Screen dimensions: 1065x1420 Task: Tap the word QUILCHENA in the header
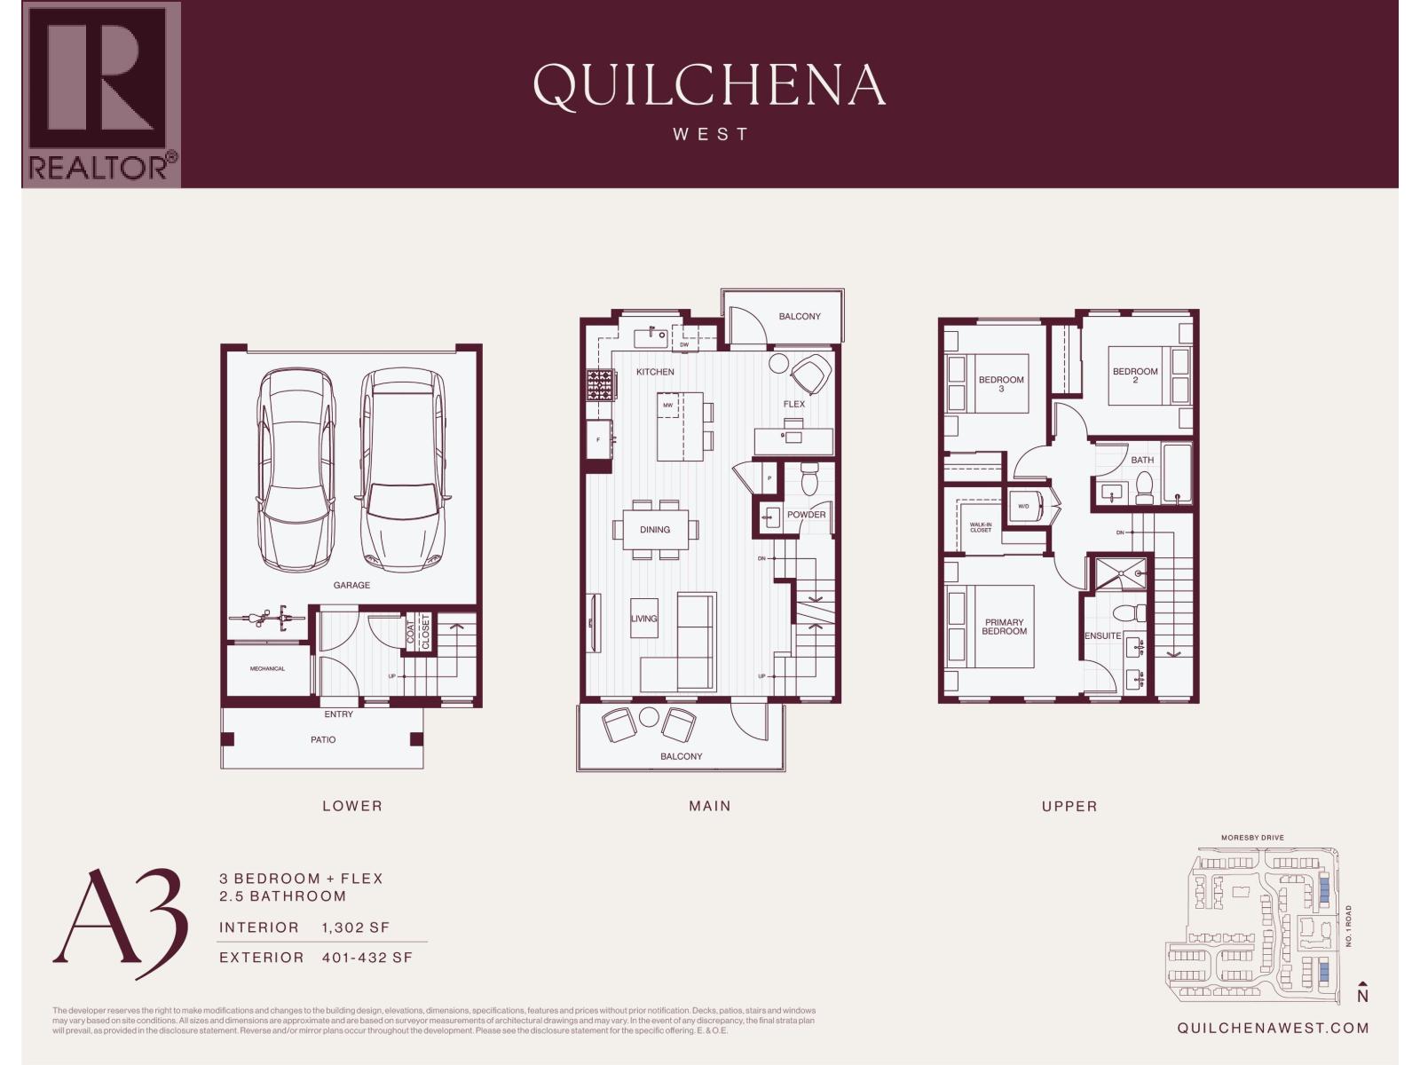click(x=709, y=86)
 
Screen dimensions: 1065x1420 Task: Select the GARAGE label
click(x=351, y=585)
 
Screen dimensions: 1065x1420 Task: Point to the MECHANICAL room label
click(x=267, y=668)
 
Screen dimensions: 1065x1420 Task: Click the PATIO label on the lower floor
click(x=323, y=739)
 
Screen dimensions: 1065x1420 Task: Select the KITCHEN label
click(x=655, y=372)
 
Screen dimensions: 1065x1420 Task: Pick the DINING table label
click(x=655, y=530)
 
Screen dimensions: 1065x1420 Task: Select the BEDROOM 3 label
click(x=1001, y=383)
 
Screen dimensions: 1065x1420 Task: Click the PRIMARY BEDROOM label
click(x=1004, y=627)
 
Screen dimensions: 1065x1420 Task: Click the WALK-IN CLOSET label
click(x=981, y=528)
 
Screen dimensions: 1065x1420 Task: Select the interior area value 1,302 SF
click(x=356, y=927)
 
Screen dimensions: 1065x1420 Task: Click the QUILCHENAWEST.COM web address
click(x=1272, y=1028)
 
